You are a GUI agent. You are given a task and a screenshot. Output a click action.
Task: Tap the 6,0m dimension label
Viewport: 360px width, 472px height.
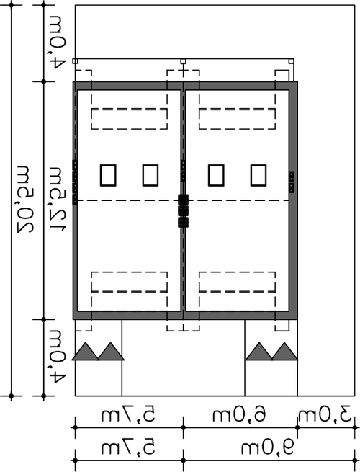click(x=239, y=414)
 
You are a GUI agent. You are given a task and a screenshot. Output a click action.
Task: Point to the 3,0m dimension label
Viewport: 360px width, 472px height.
click(x=325, y=414)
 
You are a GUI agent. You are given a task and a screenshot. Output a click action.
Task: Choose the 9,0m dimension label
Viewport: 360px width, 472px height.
click(x=268, y=448)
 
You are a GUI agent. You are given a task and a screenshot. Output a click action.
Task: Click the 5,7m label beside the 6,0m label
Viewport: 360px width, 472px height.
click(x=128, y=414)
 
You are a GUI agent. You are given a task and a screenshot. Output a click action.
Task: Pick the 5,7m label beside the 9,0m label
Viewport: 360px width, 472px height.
click(x=128, y=448)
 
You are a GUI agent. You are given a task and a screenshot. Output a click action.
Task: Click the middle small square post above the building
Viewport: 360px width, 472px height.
click(x=183, y=61)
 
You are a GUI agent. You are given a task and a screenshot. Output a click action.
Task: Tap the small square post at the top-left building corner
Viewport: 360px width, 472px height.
click(x=75, y=61)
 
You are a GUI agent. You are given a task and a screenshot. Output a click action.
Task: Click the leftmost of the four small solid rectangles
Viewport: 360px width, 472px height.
click(x=108, y=175)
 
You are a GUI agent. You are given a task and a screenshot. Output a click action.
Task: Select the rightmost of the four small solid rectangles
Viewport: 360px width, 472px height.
click(x=258, y=175)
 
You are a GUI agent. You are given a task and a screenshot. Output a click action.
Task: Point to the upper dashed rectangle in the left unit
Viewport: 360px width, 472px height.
click(x=130, y=119)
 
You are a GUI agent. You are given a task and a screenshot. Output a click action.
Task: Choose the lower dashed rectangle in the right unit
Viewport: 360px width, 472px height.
click(x=237, y=282)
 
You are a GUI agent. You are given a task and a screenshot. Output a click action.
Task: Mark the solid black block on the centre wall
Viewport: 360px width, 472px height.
click(x=183, y=200)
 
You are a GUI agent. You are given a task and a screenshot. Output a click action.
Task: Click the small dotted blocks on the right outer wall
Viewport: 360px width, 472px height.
click(x=292, y=182)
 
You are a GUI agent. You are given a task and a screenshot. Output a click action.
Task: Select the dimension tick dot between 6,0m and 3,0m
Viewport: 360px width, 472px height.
click(x=297, y=427)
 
